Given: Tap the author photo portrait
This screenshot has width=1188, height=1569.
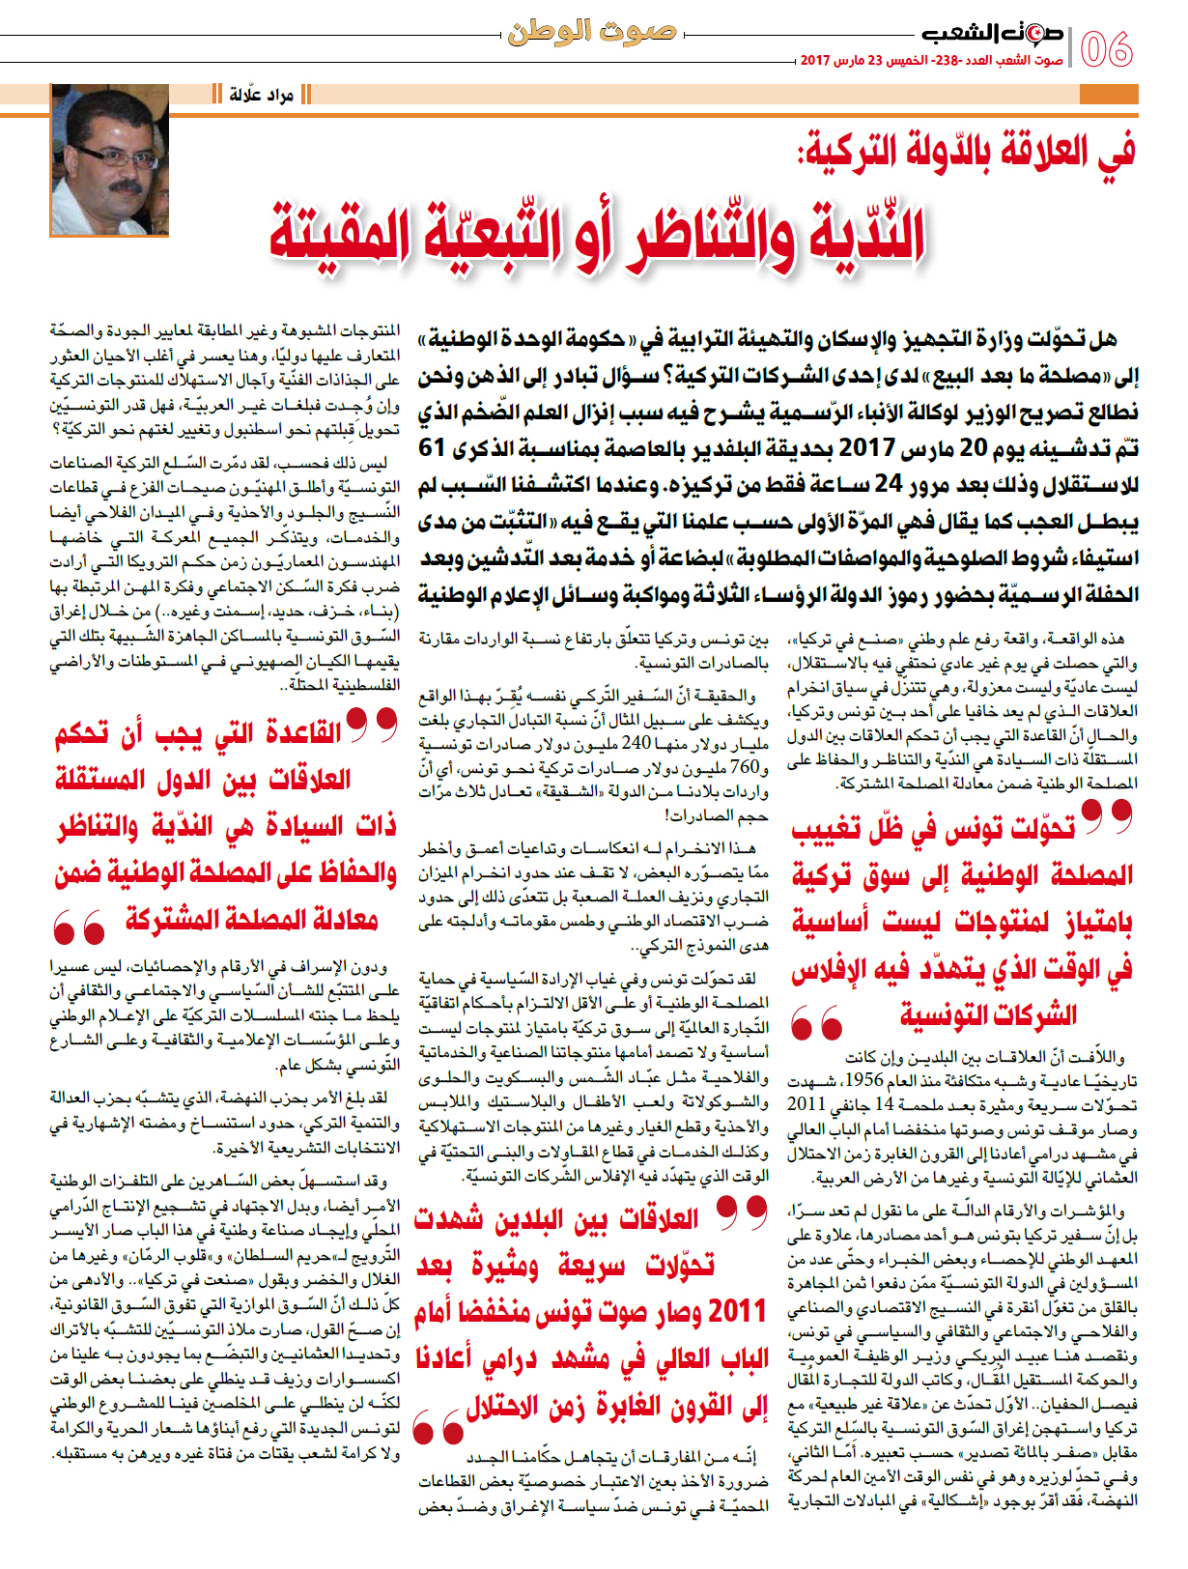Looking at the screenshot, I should [x=110, y=159].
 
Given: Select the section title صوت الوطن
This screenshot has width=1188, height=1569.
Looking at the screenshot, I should [x=591, y=32].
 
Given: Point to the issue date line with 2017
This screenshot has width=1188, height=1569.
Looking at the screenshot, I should [x=931, y=60].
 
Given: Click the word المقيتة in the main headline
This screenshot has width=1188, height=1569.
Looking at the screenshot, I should [x=339, y=234].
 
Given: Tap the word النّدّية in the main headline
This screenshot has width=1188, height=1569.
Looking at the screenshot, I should [x=860, y=234].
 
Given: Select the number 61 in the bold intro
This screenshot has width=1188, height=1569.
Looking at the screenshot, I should [x=432, y=448].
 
